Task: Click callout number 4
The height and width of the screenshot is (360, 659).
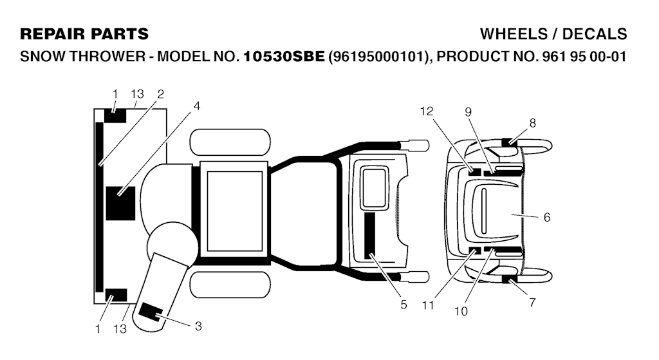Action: click(197, 106)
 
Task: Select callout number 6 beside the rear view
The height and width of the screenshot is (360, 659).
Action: click(547, 217)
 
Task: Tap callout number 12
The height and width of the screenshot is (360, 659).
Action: click(427, 111)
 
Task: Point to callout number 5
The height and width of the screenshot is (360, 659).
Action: click(404, 305)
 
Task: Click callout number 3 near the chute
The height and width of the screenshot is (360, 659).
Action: click(198, 326)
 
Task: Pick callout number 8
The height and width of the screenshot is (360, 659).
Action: click(532, 123)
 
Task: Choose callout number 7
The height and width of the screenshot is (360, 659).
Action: click(532, 303)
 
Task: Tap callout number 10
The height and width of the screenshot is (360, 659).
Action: click(461, 311)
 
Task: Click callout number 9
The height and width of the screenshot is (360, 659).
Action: click(469, 112)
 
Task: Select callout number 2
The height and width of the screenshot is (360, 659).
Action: click(160, 94)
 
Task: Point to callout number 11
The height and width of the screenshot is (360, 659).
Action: click(428, 305)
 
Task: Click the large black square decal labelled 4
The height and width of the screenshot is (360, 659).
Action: click(120, 204)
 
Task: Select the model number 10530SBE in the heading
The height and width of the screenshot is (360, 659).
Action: click(284, 57)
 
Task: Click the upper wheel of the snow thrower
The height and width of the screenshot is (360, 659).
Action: click(230, 142)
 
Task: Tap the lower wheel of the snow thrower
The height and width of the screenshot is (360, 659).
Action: click(230, 285)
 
